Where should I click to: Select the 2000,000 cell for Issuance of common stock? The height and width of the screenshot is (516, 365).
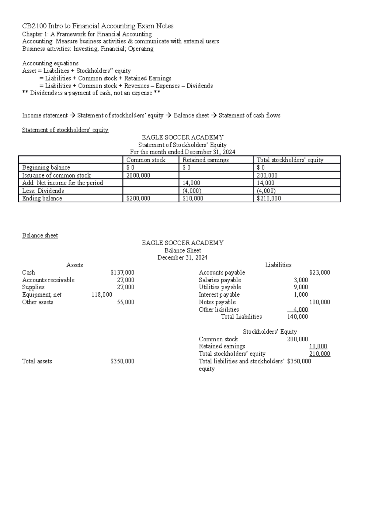pos(138,175)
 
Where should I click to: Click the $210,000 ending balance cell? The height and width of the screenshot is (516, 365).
pos(269,198)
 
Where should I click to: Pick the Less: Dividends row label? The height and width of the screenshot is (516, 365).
pos(43,191)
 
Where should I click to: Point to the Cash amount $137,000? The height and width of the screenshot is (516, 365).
pos(122,273)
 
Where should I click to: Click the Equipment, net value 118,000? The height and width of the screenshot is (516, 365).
pos(102,294)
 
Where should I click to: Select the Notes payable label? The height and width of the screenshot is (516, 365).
pos(217,302)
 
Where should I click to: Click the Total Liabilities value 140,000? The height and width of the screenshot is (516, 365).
pos(297,317)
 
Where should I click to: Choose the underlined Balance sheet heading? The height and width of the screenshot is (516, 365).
pos(40,236)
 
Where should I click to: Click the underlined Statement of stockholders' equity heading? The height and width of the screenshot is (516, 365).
pos(65,130)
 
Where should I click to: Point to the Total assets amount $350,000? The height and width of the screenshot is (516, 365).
pos(122,361)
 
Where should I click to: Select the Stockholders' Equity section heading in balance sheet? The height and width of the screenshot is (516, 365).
pos(270,332)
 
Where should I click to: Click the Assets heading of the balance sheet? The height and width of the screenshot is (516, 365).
pos(75,265)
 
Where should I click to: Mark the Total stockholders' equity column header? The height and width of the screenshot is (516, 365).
pos(290,160)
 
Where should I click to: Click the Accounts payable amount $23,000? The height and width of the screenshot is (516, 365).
pos(319,273)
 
